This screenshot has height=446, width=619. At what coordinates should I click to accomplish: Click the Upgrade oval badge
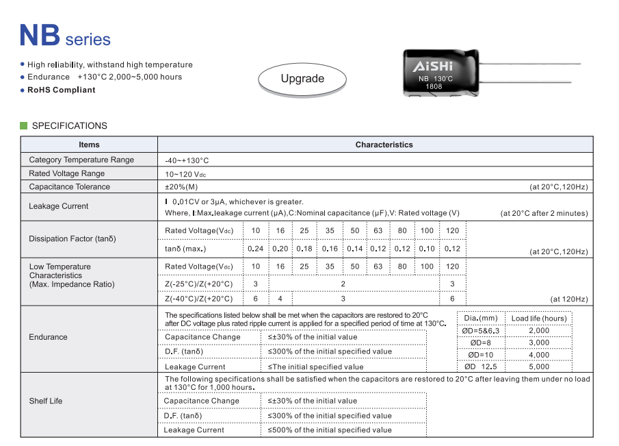(302, 79)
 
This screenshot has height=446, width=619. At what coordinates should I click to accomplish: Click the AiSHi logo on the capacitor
(432, 66)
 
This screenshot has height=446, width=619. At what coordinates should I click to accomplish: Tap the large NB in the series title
(40, 35)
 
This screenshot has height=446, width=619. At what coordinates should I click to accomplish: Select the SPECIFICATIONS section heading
(70, 126)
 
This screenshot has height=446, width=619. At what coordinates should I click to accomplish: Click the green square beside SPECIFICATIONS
(24, 126)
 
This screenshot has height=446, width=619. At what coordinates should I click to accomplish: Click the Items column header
(89, 145)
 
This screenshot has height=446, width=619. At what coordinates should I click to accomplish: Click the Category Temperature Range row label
(81, 160)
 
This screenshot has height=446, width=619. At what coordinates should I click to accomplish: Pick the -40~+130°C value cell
(187, 160)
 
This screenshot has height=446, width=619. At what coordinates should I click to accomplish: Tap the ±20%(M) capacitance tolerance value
(181, 187)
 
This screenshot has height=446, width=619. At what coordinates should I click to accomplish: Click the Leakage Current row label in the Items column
(59, 206)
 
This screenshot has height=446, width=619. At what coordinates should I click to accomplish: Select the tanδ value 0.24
(256, 249)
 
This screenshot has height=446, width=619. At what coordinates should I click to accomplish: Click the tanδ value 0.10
(427, 249)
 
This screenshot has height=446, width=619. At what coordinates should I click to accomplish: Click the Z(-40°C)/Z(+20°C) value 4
(280, 299)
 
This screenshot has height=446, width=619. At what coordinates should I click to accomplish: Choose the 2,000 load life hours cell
(539, 331)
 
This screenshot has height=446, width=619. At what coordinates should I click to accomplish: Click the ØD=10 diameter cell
(481, 355)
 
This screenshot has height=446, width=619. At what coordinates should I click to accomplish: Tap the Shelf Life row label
(46, 401)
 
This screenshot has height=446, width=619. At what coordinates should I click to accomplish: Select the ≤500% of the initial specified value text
(330, 430)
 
